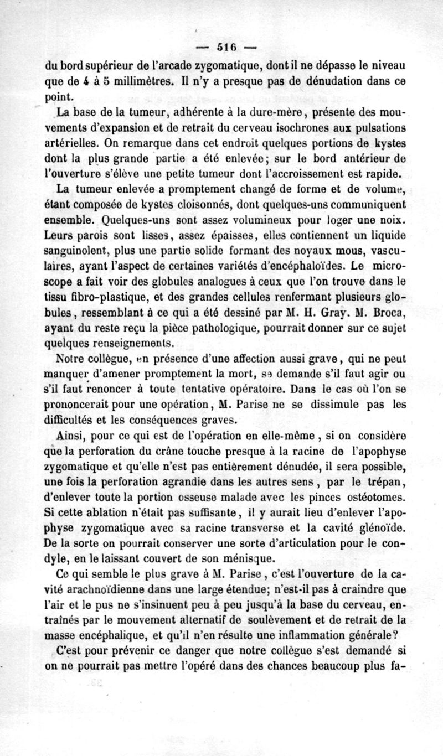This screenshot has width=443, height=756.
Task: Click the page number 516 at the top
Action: tap(223, 46)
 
